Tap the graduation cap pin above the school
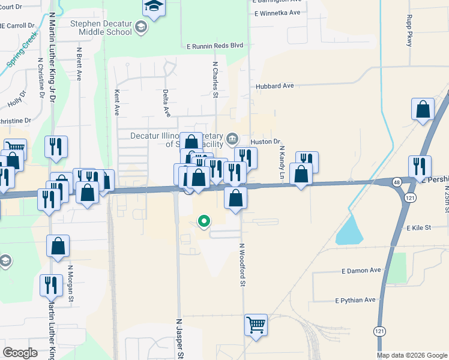(x=154, y=8)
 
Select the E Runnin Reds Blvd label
(x=215, y=45)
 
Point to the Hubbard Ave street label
(x=274, y=86)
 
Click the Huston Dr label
(x=265, y=142)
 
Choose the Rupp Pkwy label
(x=409, y=31)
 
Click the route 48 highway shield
(x=397, y=181)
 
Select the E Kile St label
(x=419, y=228)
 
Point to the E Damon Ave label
(x=361, y=271)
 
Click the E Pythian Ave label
(x=355, y=300)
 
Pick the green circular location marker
(x=204, y=221)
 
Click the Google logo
(x=20, y=353)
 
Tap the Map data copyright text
(x=411, y=355)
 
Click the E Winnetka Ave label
(x=277, y=13)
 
